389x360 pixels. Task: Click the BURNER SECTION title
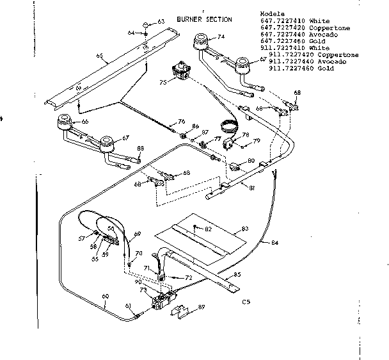pyautogui.click(x=218, y=19)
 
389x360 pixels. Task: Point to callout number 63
pyautogui.click(x=161, y=22)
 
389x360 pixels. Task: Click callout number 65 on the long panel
pyautogui.click(x=99, y=56)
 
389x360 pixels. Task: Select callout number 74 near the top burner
pyautogui.click(x=221, y=37)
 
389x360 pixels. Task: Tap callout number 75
pyautogui.click(x=163, y=82)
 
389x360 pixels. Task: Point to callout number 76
pyautogui.click(x=182, y=121)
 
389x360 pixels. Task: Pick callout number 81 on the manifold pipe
pyautogui.click(x=252, y=187)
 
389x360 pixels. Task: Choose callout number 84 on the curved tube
pyautogui.click(x=274, y=243)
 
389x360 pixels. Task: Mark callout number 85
pyautogui.click(x=237, y=275)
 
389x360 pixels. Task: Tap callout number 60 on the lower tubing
pyautogui.click(x=106, y=296)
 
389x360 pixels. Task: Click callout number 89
pyautogui.click(x=203, y=307)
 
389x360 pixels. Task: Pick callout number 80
pyautogui.click(x=251, y=161)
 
